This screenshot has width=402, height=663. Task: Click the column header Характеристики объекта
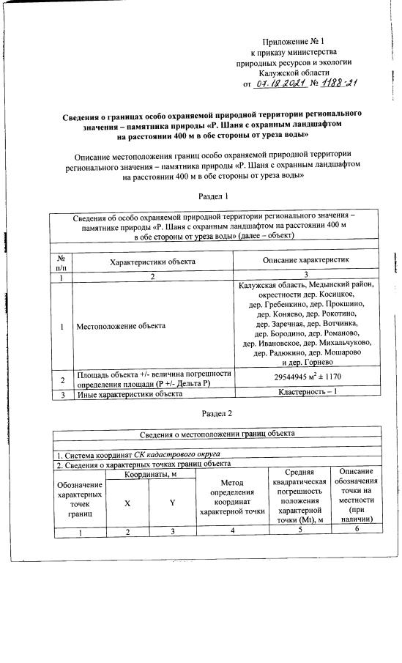point(152,261)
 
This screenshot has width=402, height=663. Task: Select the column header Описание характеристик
point(305,261)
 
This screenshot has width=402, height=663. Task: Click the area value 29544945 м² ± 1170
point(305,377)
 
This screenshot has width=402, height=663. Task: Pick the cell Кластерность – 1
point(305,393)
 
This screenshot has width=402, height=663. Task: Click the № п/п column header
point(62,262)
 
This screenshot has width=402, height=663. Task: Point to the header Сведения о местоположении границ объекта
point(218,434)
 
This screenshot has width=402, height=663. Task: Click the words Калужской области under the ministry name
point(294,73)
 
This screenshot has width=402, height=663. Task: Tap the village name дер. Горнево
point(305,362)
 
